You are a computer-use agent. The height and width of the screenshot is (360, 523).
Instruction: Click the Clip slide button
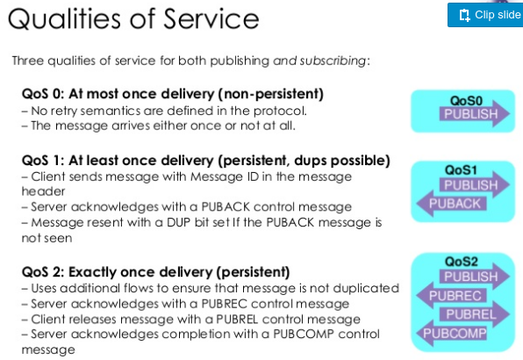[x=484, y=15]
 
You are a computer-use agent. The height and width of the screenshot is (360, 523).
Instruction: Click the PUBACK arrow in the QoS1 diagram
[x=455, y=205]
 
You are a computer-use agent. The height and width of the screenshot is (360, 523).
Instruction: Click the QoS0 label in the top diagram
[x=462, y=100]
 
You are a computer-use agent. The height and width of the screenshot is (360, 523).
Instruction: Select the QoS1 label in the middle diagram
[x=460, y=169]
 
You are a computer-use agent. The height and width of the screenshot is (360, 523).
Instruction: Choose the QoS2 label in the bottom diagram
[x=461, y=262]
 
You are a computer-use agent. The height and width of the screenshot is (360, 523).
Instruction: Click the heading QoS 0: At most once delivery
[x=173, y=93]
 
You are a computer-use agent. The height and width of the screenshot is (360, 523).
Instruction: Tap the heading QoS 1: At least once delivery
[x=205, y=161]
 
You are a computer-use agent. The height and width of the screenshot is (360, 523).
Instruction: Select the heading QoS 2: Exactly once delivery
[x=156, y=271]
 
